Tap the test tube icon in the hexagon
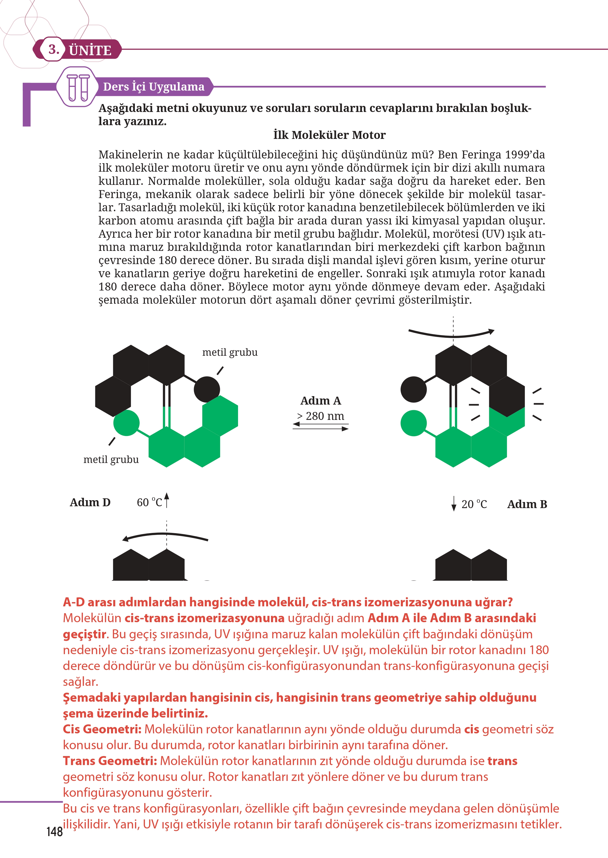click(x=78, y=87)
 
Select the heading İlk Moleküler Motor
click(x=329, y=135)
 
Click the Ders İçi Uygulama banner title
click(x=154, y=87)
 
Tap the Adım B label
click(x=527, y=504)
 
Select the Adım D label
click(x=90, y=503)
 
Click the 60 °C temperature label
click(x=149, y=503)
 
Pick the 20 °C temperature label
click(x=474, y=504)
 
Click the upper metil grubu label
click(x=230, y=352)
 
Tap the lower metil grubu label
click(x=111, y=459)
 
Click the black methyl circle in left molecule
click(x=207, y=389)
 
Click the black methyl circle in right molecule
click(x=413, y=389)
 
